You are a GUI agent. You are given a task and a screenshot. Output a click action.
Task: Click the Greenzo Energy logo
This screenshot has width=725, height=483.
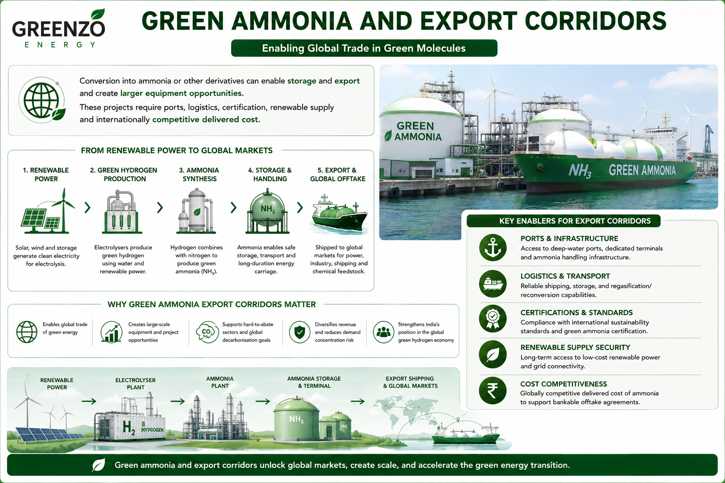pos(59,29)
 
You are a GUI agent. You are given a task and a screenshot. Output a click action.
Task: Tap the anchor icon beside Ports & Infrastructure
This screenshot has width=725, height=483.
pos(493,248)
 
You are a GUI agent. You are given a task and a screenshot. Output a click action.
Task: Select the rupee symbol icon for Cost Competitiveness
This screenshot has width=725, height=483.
pos(493,391)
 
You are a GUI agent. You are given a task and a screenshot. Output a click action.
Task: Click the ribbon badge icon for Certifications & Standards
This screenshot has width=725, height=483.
pos(493,319)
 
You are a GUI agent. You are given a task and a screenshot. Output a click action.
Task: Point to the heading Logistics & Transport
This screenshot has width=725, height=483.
pos(565,276)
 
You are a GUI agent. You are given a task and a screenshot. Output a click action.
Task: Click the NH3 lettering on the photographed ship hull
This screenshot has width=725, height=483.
pos(580,171)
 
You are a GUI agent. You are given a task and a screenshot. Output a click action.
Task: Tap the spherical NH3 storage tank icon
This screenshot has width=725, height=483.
pos(267,211)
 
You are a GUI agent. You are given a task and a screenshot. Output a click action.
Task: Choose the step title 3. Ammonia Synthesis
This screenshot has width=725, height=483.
pos(199,175)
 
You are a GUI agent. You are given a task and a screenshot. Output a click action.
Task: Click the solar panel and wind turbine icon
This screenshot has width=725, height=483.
pos(48,211)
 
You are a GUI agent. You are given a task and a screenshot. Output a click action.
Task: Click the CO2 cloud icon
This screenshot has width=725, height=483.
pos(207,332)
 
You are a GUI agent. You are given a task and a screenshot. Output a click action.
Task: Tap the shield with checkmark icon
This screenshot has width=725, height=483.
pos(300,332)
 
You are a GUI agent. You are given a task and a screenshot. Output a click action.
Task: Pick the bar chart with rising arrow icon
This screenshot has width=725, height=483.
pos(111,332)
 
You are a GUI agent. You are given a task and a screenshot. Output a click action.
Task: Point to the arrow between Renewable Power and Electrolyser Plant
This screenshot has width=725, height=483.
pos(89,401)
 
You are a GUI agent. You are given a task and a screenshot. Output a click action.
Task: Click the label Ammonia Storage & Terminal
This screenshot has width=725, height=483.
pos(314,382)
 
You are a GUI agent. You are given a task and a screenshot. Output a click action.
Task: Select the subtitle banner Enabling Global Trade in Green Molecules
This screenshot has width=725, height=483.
pos(364,48)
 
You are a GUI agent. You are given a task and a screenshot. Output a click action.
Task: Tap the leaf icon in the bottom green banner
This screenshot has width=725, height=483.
pos(98,465)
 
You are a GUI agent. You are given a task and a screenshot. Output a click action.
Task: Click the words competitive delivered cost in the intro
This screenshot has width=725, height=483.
pos(206,119)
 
